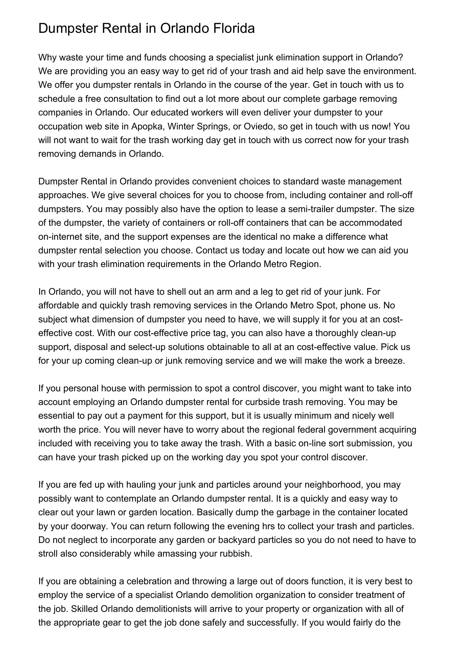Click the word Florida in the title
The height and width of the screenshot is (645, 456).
pyautogui.click(x=234, y=29)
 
